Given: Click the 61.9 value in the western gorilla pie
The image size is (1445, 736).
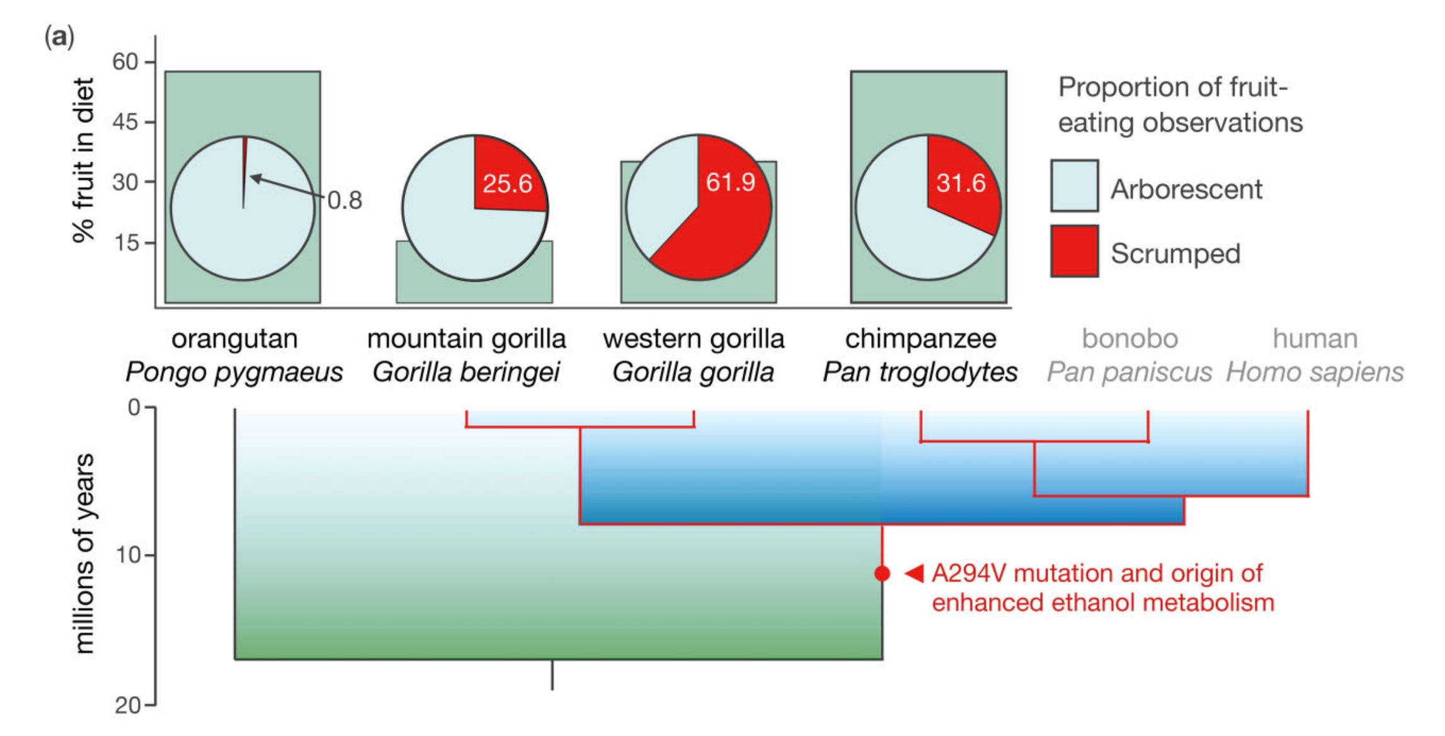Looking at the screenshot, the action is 730,182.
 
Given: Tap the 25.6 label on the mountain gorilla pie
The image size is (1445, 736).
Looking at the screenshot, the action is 507,184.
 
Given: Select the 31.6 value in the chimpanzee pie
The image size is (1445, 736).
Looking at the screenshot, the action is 961,183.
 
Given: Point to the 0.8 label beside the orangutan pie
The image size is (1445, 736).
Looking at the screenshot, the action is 345,200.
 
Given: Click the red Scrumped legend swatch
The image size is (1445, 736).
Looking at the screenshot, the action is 1074,251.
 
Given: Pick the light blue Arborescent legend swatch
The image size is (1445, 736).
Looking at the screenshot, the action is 1074,186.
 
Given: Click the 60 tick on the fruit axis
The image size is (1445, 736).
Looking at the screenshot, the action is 125,62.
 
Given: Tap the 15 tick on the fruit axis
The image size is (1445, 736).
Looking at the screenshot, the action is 125,243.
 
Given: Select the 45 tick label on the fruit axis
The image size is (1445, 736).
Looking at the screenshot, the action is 125,122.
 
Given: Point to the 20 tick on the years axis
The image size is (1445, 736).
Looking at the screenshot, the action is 128,705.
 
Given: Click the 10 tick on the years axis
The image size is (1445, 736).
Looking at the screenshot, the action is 128,555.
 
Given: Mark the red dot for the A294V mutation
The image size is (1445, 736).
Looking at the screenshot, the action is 882,573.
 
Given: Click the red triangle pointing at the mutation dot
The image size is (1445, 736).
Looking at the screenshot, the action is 914,573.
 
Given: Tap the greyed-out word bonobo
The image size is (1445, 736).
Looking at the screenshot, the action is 1129,339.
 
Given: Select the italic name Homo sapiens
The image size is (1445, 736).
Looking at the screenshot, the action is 1315,372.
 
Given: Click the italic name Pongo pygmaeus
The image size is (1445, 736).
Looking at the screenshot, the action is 234,372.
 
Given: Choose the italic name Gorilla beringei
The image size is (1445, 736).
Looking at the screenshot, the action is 466,372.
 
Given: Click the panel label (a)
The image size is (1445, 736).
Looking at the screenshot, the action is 59,37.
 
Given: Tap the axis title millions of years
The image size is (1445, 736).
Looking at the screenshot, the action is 84,553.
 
